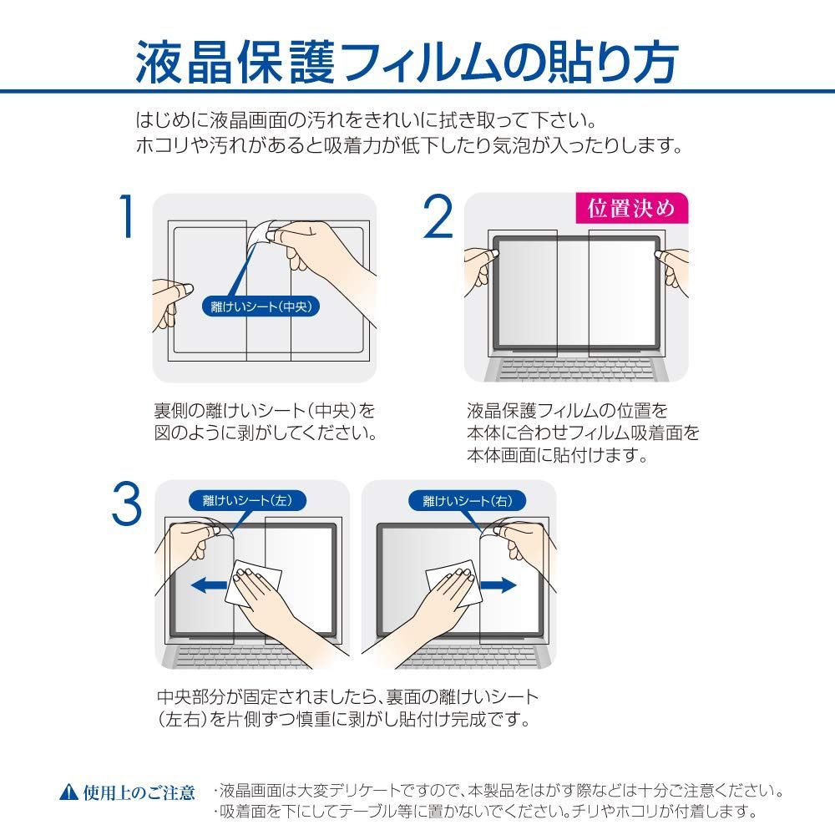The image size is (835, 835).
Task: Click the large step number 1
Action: pyautogui.click(x=126, y=216)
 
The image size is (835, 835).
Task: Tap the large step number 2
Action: pyautogui.click(x=438, y=216)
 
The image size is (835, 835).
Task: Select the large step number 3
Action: pyautogui.click(x=127, y=504)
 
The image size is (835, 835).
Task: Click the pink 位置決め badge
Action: pyautogui.click(x=631, y=208)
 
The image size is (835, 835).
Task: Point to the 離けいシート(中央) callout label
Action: pyautogui.click(x=261, y=306)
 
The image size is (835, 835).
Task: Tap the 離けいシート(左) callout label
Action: pyautogui.click(x=248, y=500)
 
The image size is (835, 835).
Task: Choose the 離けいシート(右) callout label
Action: pyautogui.click(x=467, y=500)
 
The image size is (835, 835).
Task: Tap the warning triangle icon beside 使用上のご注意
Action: pyautogui.click(x=69, y=792)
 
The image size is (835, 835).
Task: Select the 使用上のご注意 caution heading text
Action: pyautogui.click(x=139, y=792)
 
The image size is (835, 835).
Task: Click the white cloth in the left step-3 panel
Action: pyautogui.click(x=254, y=584)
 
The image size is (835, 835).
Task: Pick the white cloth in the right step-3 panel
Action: pyautogui.click(x=453, y=584)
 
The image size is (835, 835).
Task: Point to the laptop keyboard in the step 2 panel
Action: pyautogui.click(x=577, y=368)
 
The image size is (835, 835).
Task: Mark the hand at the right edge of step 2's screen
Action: pyautogui.click(x=672, y=269)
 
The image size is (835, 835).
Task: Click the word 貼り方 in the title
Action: pyautogui.click(x=615, y=63)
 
